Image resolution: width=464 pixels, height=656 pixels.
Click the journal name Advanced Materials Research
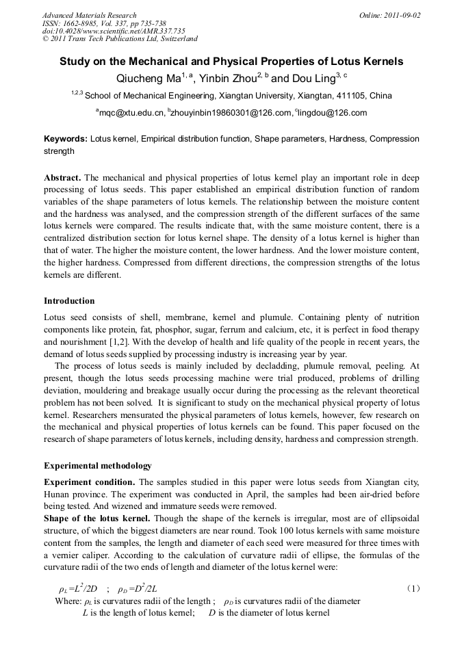(89, 15)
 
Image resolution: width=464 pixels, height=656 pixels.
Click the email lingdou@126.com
(333, 113)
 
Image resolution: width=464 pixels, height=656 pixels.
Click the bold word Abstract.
(62, 178)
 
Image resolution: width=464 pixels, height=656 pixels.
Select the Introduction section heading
(69, 301)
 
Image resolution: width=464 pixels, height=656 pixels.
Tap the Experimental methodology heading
(98, 466)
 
